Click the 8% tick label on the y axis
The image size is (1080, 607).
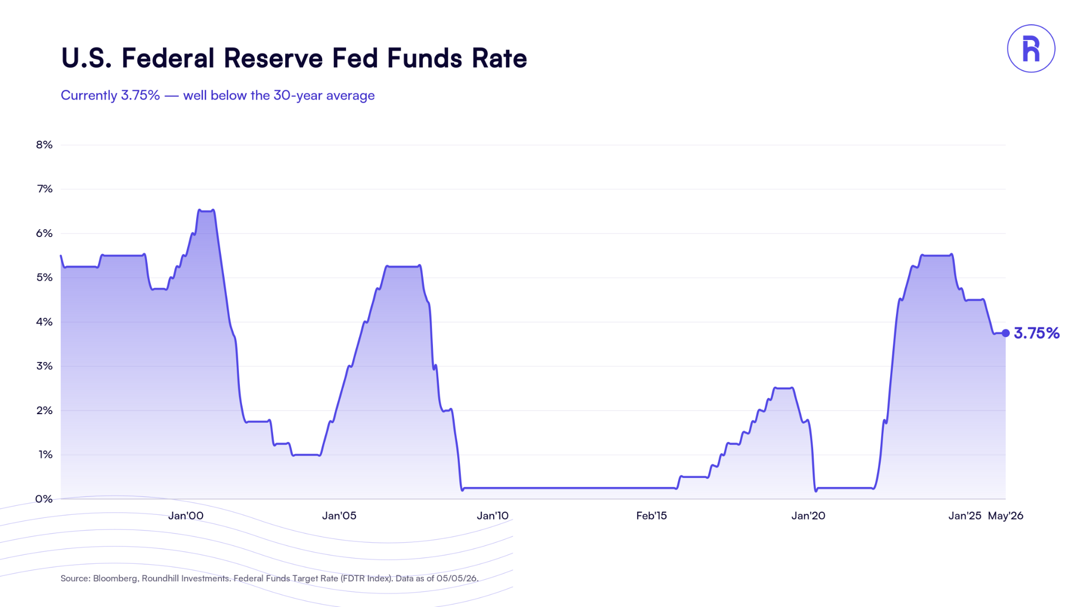[x=44, y=145]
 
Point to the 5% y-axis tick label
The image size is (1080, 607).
[x=44, y=278]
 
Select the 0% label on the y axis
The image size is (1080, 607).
[x=44, y=499]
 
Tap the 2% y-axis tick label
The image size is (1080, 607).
[x=44, y=410]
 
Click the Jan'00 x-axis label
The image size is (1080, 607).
[x=186, y=516]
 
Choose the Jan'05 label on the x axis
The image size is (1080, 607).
[x=339, y=516]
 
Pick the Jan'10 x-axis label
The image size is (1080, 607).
[x=493, y=516]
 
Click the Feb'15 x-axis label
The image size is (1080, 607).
[x=651, y=516]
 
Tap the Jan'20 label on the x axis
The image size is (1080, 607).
[x=808, y=516]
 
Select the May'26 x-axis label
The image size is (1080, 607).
[x=1006, y=516]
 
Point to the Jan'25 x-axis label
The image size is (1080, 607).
[x=965, y=516]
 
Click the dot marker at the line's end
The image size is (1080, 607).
[x=1006, y=333]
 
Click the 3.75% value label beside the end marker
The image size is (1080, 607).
[x=1037, y=333]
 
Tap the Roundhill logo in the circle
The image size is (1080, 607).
[x=1031, y=48]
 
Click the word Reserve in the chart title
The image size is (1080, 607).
[x=273, y=58]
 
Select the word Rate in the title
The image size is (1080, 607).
[x=499, y=58]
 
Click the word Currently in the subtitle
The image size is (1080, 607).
[x=89, y=95]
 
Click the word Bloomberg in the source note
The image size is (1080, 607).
[x=115, y=579]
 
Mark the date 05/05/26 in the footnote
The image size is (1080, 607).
[x=457, y=579]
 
